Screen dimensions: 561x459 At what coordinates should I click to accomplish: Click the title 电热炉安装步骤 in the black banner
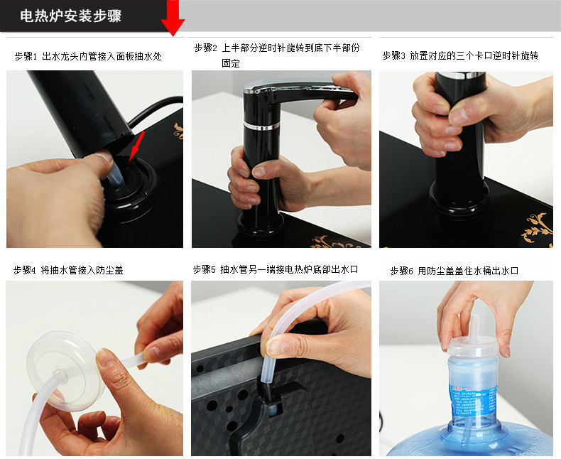tap(70, 16)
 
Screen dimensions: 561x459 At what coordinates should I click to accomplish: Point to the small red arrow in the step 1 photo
tap(136, 146)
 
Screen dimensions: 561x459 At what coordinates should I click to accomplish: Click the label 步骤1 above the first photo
tap(26, 56)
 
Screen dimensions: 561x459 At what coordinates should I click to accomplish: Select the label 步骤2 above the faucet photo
tap(206, 48)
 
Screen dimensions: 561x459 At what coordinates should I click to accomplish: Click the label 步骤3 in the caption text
tap(393, 55)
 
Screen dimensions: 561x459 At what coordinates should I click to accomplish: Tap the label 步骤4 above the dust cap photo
tap(24, 269)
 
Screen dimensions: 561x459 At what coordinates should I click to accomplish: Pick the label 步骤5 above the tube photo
tap(205, 269)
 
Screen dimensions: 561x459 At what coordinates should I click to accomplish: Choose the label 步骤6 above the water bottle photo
tap(401, 271)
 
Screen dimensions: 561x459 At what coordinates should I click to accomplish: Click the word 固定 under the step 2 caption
tap(231, 63)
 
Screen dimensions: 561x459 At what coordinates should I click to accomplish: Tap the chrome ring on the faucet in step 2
tap(261, 126)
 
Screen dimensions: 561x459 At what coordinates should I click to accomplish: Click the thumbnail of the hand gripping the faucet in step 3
tap(466, 159)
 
